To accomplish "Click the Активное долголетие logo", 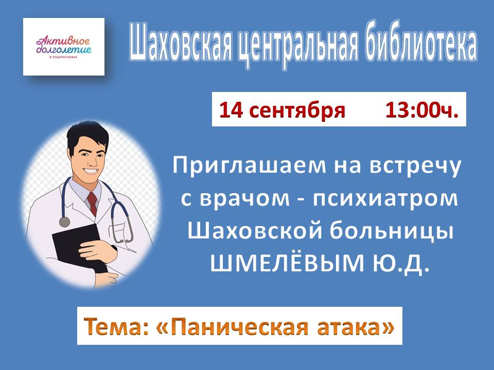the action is click(64, 47).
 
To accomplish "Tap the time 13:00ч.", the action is click(422, 110).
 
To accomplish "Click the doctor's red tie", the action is click(92, 204).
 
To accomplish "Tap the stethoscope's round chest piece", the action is click(65, 222).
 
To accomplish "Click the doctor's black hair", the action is click(86, 135).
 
